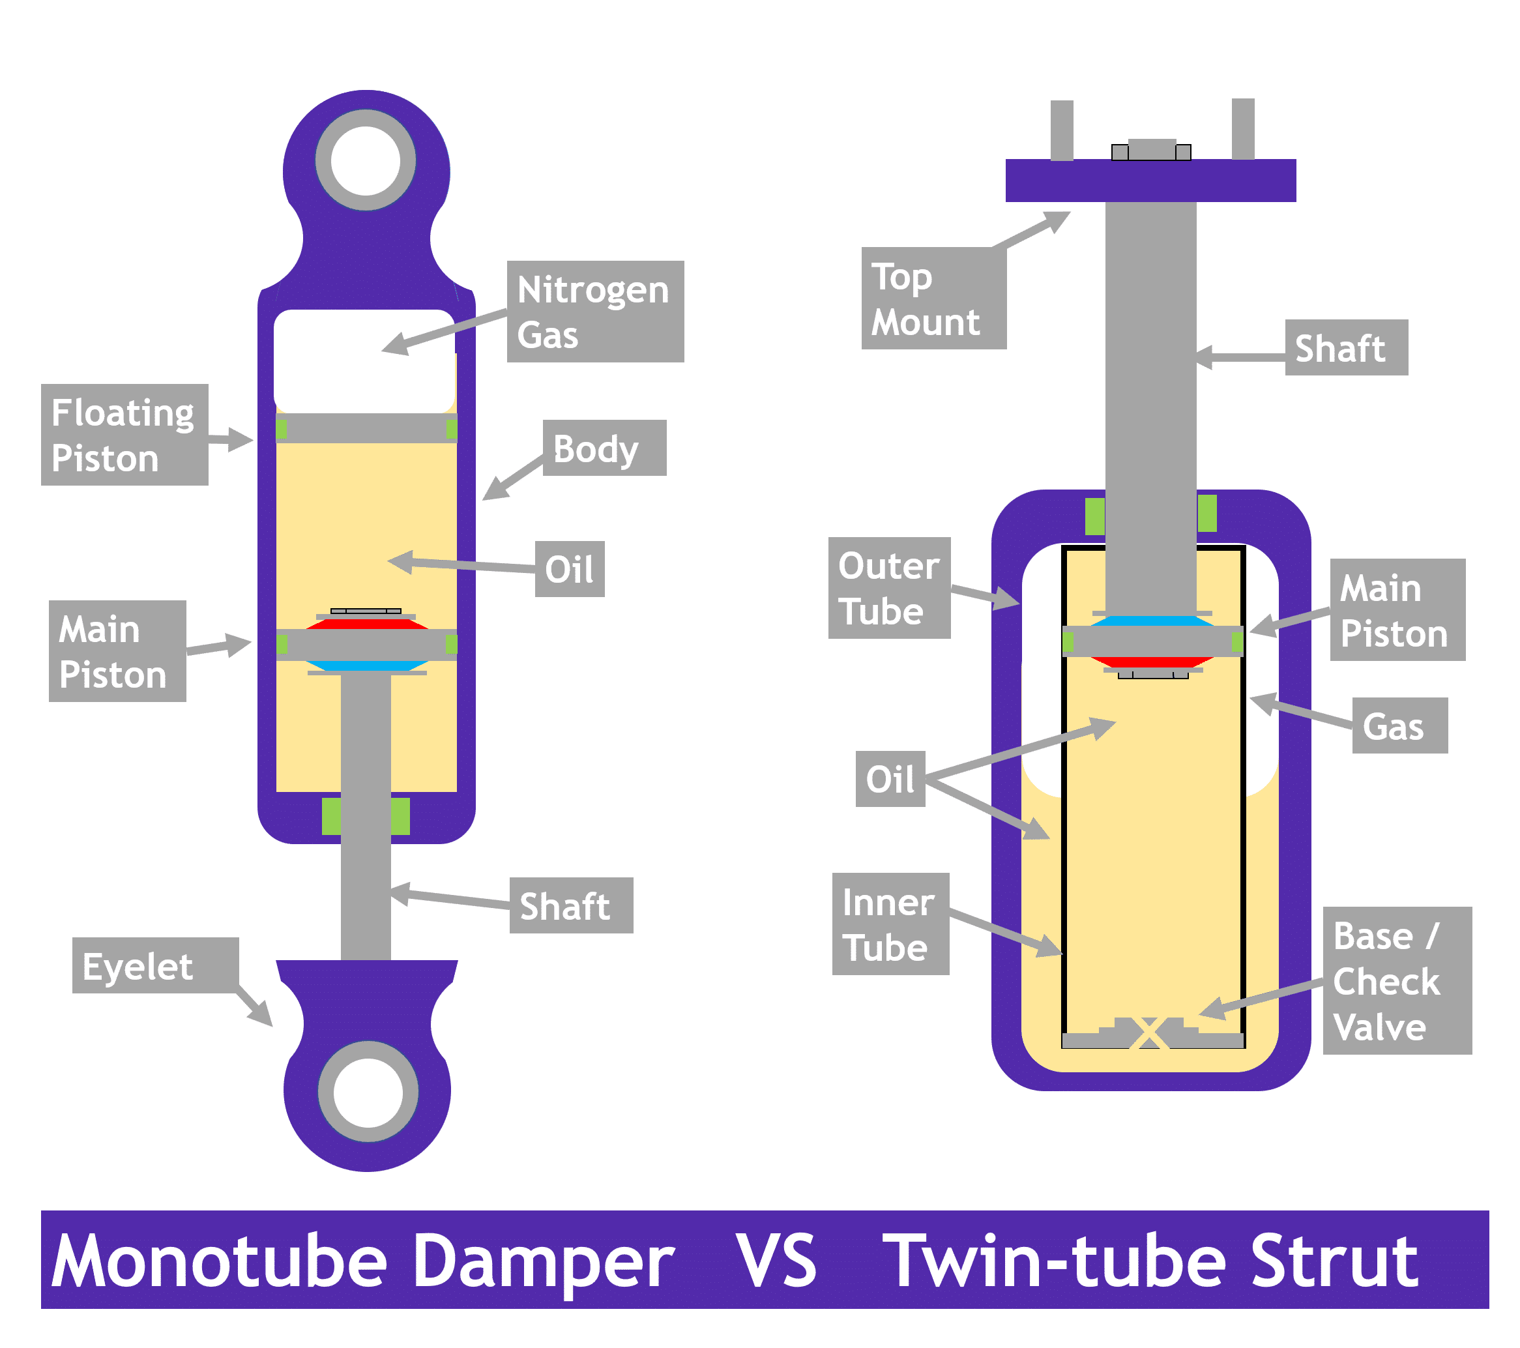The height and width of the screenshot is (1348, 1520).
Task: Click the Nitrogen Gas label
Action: [x=595, y=312]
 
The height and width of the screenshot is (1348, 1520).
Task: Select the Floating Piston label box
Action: [x=124, y=435]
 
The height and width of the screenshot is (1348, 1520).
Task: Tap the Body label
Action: [x=604, y=448]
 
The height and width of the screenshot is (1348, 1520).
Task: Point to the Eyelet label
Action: [x=154, y=966]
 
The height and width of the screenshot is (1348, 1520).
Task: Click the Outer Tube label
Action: [x=888, y=588]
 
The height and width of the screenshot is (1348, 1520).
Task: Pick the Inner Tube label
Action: [x=890, y=924]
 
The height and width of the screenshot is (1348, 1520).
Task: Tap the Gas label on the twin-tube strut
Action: [x=1399, y=725]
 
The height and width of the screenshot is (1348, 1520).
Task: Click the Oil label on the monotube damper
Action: [x=569, y=570]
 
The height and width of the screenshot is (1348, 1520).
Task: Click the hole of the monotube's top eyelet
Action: [x=365, y=160]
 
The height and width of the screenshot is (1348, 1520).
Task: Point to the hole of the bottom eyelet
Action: [x=368, y=1092]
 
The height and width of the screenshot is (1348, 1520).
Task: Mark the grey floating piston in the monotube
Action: [x=366, y=429]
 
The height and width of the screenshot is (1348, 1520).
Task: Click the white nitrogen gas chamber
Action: [x=364, y=360]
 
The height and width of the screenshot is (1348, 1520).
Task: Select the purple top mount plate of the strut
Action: [x=1150, y=181]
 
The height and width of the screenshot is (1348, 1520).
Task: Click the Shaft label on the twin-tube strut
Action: [x=1346, y=348]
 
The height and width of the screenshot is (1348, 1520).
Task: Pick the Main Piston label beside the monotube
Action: [x=117, y=651]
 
